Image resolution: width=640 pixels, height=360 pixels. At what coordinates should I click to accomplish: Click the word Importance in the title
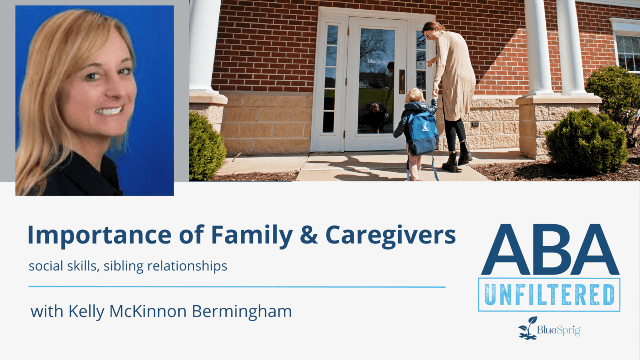click(100, 235)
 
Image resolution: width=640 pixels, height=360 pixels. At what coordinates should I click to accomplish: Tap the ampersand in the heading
click(309, 235)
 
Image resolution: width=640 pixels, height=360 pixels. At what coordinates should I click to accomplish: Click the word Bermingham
click(242, 311)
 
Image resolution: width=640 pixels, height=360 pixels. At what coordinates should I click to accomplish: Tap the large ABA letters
click(550, 249)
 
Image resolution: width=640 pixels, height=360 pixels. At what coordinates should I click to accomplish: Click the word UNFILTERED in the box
click(549, 295)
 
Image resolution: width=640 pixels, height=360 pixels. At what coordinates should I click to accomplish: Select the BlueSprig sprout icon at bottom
click(528, 328)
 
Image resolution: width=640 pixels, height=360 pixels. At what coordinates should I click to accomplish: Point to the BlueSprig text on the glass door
click(377, 61)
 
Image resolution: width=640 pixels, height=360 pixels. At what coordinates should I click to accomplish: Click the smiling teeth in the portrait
click(109, 111)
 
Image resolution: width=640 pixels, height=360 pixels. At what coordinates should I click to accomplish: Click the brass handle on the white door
click(402, 82)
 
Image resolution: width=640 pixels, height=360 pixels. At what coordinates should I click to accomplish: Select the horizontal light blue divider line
click(237, 286)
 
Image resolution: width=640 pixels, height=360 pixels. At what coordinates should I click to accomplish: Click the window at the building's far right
click(628, 53)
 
